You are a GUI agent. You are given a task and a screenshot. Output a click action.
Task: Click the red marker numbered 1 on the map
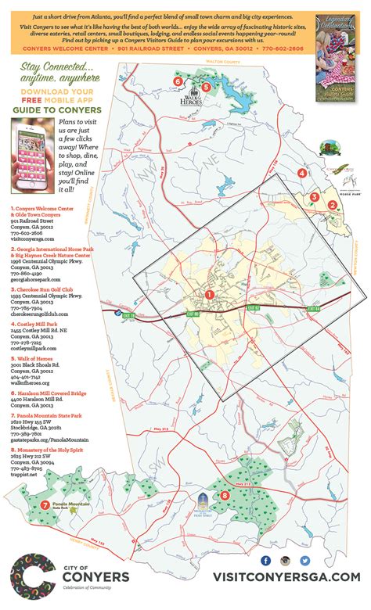tap(209, 295)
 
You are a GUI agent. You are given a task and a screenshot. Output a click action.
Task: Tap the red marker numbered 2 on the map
tap(332, 206)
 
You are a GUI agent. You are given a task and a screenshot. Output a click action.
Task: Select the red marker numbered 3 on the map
tap(314, 197)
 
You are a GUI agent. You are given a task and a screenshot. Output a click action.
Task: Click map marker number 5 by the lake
tap(206, 87)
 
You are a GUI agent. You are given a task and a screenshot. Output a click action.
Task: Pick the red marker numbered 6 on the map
tap(178, 81)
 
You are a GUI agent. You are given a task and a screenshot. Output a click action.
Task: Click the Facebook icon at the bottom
tap(265, 561)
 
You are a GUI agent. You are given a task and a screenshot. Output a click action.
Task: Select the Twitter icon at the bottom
tap(305, 561)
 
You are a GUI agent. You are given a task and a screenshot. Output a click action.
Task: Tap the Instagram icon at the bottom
tap(286, 561)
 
